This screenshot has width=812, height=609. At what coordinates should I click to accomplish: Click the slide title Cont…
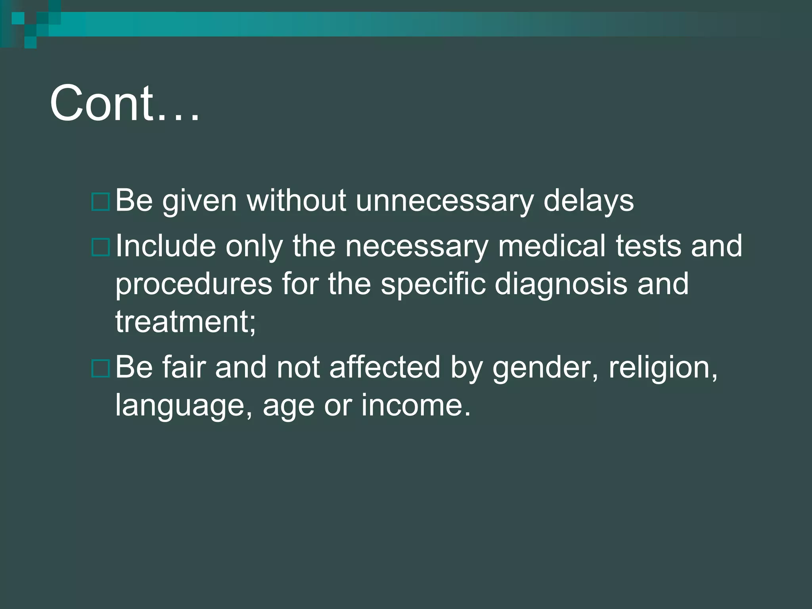click(124, 104)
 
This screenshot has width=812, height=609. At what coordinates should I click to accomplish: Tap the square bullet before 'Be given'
click(100, 202)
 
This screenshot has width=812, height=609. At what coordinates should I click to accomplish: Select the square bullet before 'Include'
click(100, 247)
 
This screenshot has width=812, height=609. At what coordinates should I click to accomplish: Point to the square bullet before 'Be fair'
click(100, 368)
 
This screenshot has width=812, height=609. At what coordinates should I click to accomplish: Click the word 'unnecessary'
click(444, 201)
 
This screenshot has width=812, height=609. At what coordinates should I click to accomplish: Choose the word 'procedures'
click(193, 284)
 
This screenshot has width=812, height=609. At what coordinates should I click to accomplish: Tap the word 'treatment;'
click(186, 322)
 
